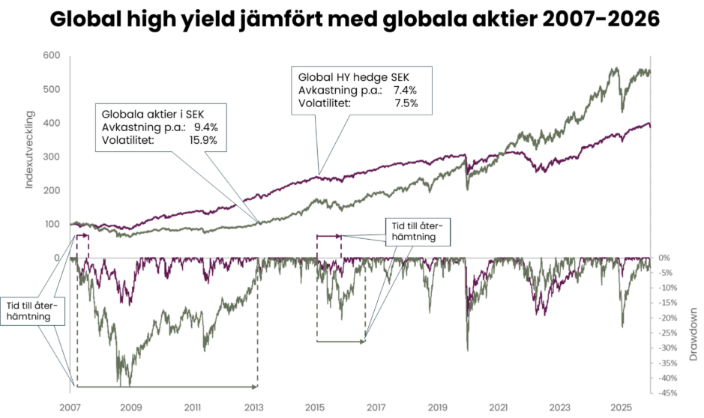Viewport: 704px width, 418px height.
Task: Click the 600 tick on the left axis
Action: click(x=51, y=55)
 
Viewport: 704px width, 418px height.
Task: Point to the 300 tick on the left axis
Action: click(x=51, y=157)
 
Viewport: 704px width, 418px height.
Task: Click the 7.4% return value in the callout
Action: click(x=406, y=90)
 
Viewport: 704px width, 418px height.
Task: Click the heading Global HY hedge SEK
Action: click(x=353, y=77)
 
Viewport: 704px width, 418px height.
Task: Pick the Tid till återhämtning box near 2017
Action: click(x=420, y=231)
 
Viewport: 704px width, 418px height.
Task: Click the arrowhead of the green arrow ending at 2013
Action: click(x=255, y=387)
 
